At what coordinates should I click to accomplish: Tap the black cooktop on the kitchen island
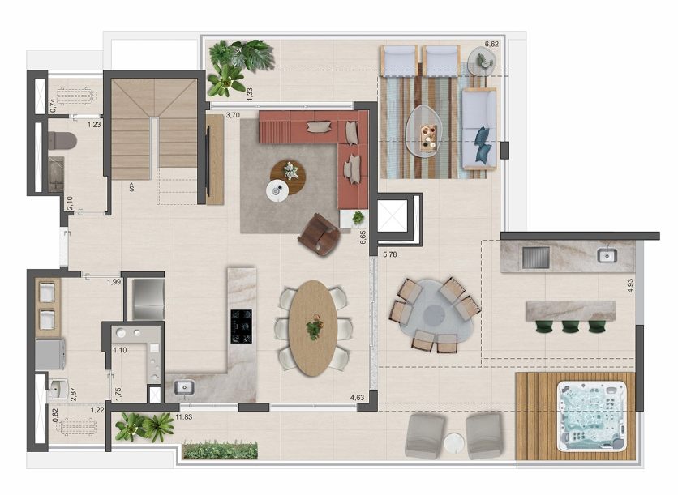click(242, 326)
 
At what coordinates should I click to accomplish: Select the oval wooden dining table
click(313, 328)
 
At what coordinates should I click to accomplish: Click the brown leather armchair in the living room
click(320, 235)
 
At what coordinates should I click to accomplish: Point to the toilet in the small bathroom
click(62, 141)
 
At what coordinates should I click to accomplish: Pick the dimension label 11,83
click(184, 416)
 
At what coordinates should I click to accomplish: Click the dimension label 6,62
click(491, 44)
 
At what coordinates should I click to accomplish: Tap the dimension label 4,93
click(630, 285)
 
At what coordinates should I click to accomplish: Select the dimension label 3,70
click(233, 115)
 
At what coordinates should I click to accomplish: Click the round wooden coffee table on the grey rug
click(288, 177)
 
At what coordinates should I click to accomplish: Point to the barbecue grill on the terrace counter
click(536, 258)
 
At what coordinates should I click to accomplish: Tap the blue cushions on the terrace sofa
click(483, 144)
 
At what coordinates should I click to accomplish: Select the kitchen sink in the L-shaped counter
click(185, 386)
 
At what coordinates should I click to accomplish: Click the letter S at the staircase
click(131, 187)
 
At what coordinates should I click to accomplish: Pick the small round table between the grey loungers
click(454, 444)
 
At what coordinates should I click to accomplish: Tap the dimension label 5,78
click(389, 254)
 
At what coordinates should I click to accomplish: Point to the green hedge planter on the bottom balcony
click(220, 450)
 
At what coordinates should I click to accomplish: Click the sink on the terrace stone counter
click(607, 255)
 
